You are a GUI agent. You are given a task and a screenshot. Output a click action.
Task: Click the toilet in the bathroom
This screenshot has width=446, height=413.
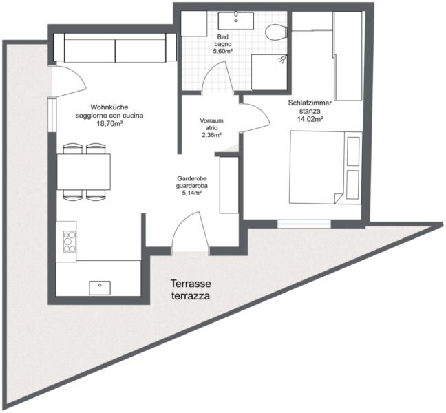pyautogui.click(x=275, y=31)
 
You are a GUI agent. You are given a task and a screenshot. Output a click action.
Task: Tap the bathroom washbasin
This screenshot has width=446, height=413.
pyautogui.click(x=236, y=21)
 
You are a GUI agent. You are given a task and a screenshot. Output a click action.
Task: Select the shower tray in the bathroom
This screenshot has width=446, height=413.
pyautogui.click(x=269, y=72)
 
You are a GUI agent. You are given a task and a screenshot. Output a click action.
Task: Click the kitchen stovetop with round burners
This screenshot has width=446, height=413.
pyautogui.click(x=70, y=241)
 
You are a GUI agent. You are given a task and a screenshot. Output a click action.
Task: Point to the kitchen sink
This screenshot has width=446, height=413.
pyautogui.click(x=100, y=288)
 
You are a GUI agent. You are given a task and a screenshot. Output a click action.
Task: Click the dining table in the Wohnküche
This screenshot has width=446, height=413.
pyautogui.click(x=84, y=171)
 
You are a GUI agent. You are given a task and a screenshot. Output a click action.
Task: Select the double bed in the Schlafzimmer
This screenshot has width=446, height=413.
pyautogui.click(x=326, y=167)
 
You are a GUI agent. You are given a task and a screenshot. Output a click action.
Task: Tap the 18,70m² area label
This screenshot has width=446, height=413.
pyautogui.click(x=109, y=124)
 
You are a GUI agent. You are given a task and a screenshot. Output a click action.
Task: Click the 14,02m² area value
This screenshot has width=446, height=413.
pyautogui.click(x=310, y=119)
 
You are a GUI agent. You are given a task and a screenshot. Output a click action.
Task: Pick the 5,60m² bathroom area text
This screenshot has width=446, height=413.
pyautogui.click(x=223, y=51)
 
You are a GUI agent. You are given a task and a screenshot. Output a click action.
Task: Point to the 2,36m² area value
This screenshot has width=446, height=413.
pyautogui.click(x=211, y=135)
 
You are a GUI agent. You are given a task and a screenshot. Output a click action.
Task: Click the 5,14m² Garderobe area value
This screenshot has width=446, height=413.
pyautogui.click(x=192, y=193)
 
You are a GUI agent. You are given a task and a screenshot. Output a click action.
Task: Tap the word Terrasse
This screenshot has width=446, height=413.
pyautogui.click(x=191, y=284)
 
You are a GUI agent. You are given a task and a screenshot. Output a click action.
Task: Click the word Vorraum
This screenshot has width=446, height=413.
pyautogui.click(x=211, y=120)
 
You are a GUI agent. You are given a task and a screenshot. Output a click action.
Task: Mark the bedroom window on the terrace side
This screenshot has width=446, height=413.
pyautogui.click(x=304, y=224)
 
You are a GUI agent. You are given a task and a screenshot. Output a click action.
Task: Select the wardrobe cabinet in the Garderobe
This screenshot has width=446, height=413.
pyautogui.click(x=229, y=185)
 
